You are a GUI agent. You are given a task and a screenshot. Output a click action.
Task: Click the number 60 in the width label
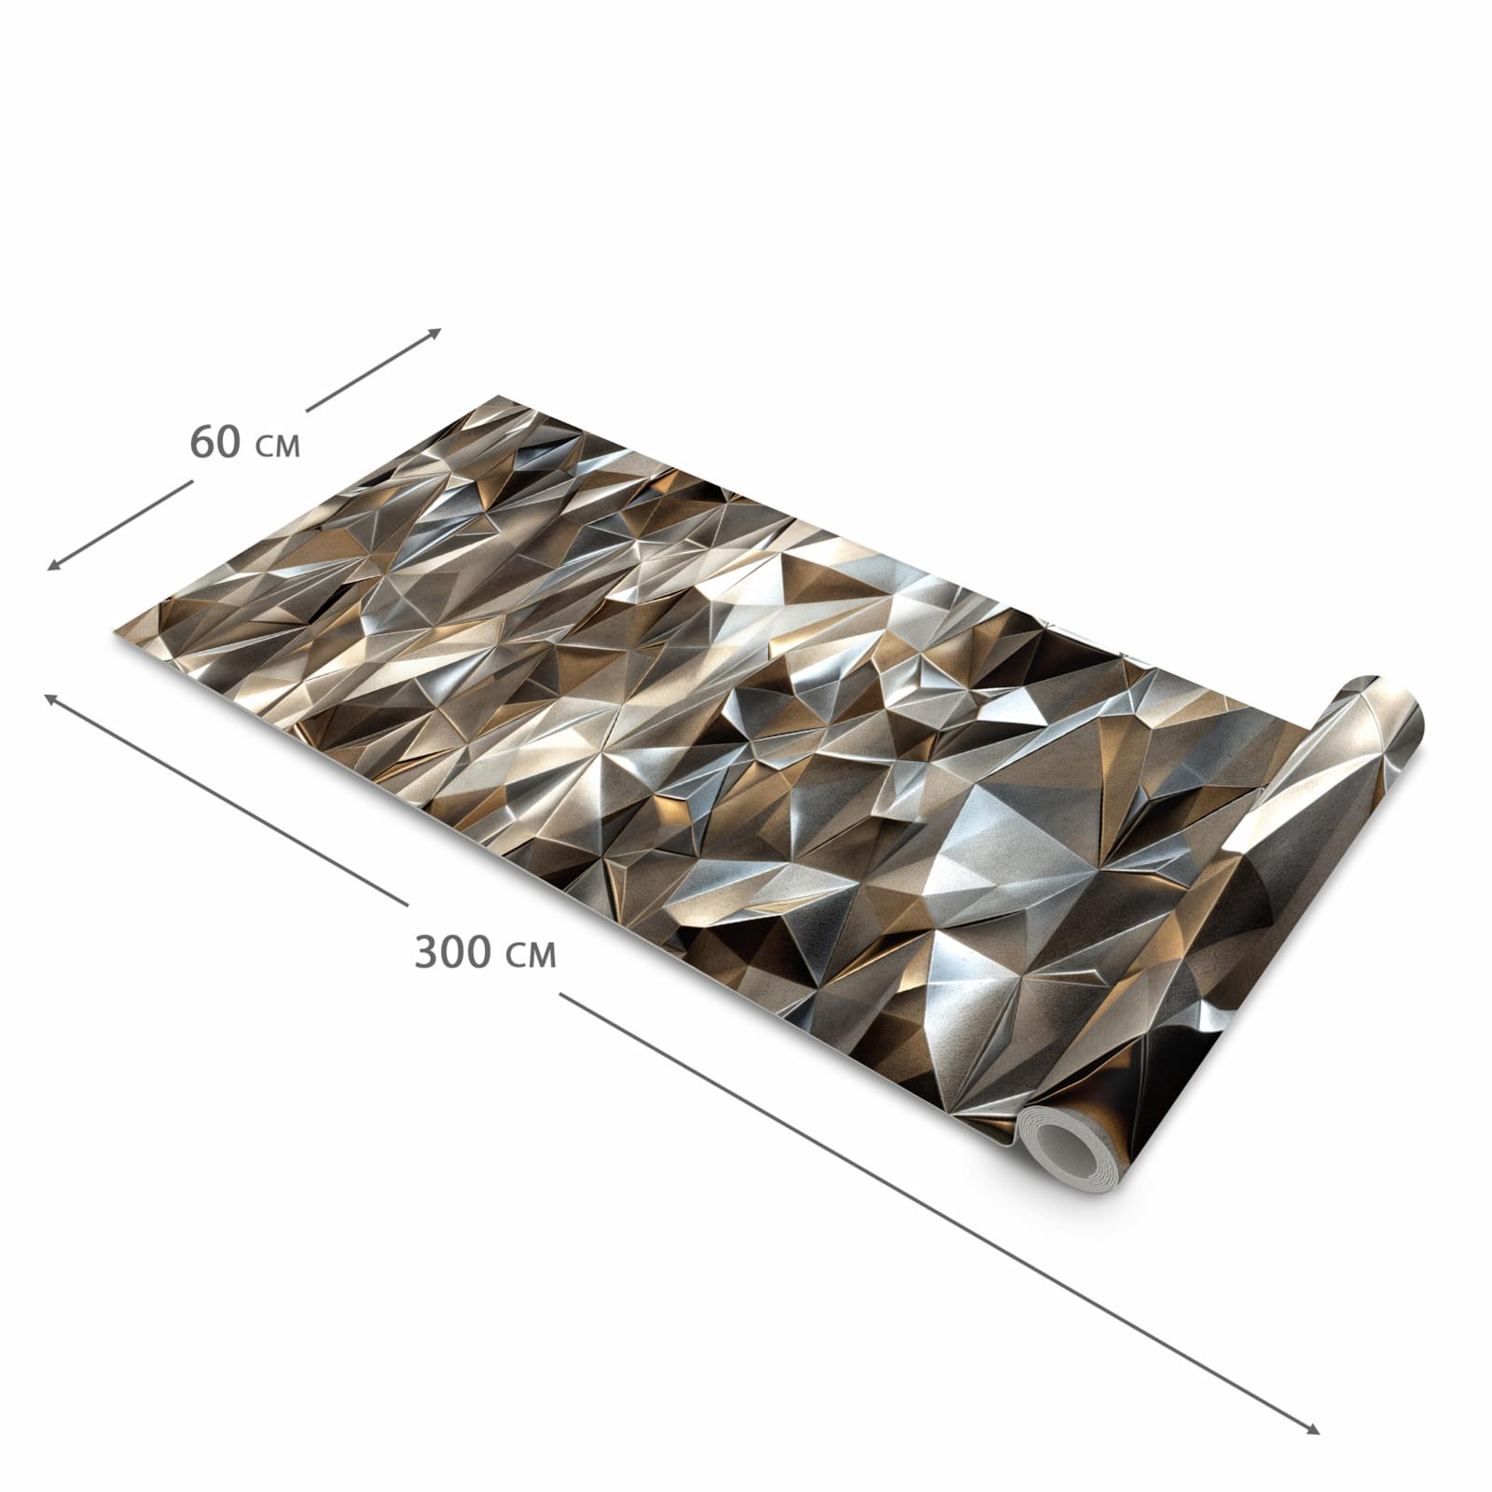(x=215, y=441)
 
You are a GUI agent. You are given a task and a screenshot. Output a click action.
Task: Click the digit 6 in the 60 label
(x=202, y=441)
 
